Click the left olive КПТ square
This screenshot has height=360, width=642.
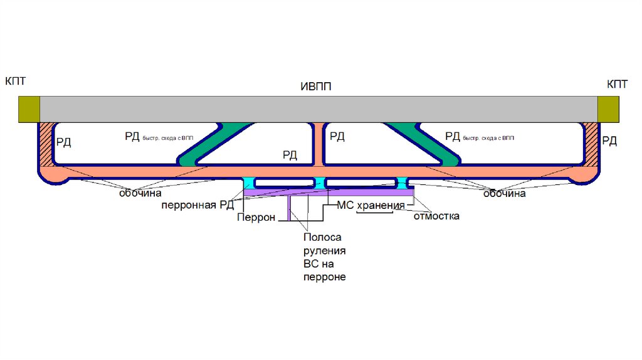(28, 109)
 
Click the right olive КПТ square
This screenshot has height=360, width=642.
(608, 109)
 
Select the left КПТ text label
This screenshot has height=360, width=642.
(16, 82)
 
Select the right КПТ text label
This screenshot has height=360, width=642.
(618, 84)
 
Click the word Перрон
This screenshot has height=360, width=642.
(256, 218)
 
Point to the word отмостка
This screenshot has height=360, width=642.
(436, 216)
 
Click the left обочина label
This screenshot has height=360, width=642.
(141, 194)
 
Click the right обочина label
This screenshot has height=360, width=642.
(504, 194)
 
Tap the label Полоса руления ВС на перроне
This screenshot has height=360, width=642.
(324, 257)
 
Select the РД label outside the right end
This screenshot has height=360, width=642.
(609, 140)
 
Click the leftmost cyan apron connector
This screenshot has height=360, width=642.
(249, 183)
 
